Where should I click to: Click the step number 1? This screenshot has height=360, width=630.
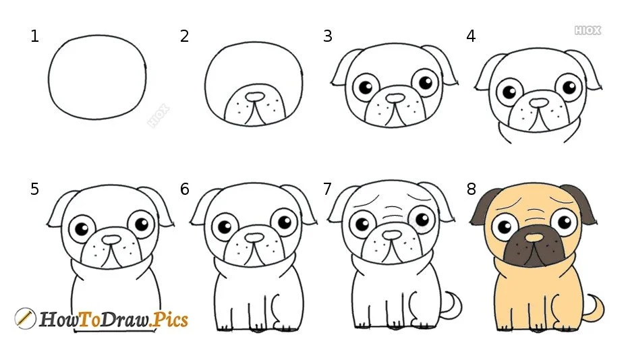click(34, 36)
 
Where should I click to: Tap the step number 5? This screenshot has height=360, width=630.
click(34, 189)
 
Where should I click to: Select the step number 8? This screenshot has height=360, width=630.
click(471, 189)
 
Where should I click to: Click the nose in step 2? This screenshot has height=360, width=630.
click(253, 98)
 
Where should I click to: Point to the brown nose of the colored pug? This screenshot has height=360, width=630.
click(534, 237)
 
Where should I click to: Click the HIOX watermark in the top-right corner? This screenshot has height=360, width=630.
click(587, 30)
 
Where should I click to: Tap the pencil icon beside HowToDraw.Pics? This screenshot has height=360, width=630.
click(25, 318)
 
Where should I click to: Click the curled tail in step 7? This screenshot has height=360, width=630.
click(450, 305)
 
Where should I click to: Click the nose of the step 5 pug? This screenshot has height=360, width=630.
click(112, 239)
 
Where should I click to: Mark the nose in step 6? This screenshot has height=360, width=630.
click(254, 238)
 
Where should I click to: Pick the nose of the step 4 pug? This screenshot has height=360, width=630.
click(538, 102)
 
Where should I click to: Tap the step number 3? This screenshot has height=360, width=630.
click(328, 36)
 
